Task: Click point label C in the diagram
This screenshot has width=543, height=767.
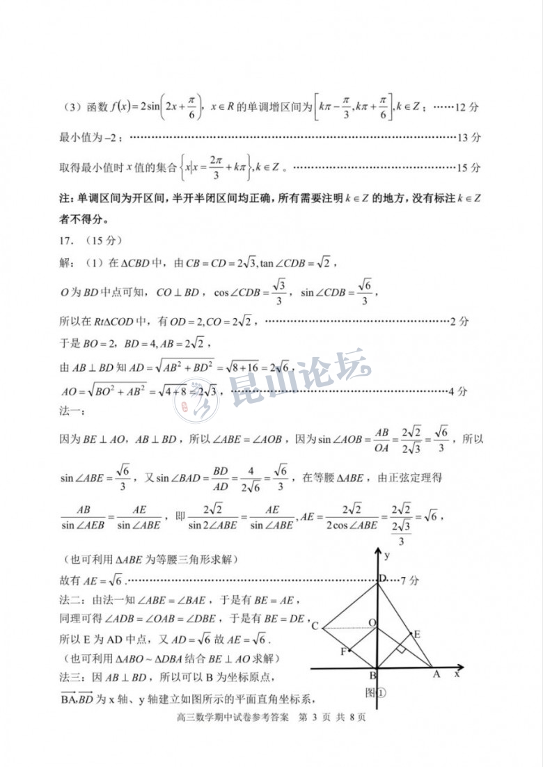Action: [x=315, y=626]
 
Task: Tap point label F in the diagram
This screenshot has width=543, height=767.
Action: [x=343, y=651]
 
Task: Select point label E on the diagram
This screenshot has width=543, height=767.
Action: [x=416, y=634]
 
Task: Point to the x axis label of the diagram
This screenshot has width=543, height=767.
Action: [x=457, y=674]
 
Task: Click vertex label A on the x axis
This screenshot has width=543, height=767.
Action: [x=436, y=674]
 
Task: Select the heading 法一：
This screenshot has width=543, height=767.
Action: [x=72, y=413]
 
